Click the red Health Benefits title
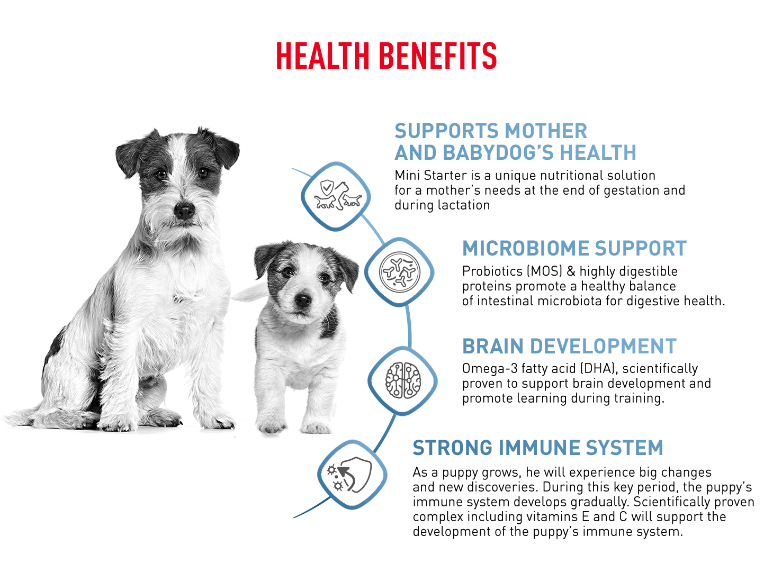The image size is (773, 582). point(386,55)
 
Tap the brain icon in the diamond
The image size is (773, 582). point(403,380)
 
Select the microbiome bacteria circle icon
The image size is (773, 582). point(400,271)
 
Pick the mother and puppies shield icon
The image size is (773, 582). point(337,195)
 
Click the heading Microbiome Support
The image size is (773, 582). point(574,248)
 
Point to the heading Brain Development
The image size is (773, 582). point(569,346)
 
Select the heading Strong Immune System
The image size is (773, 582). point(538,448)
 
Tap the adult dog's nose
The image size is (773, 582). point(184,211)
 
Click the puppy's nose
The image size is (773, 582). point(303,300)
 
